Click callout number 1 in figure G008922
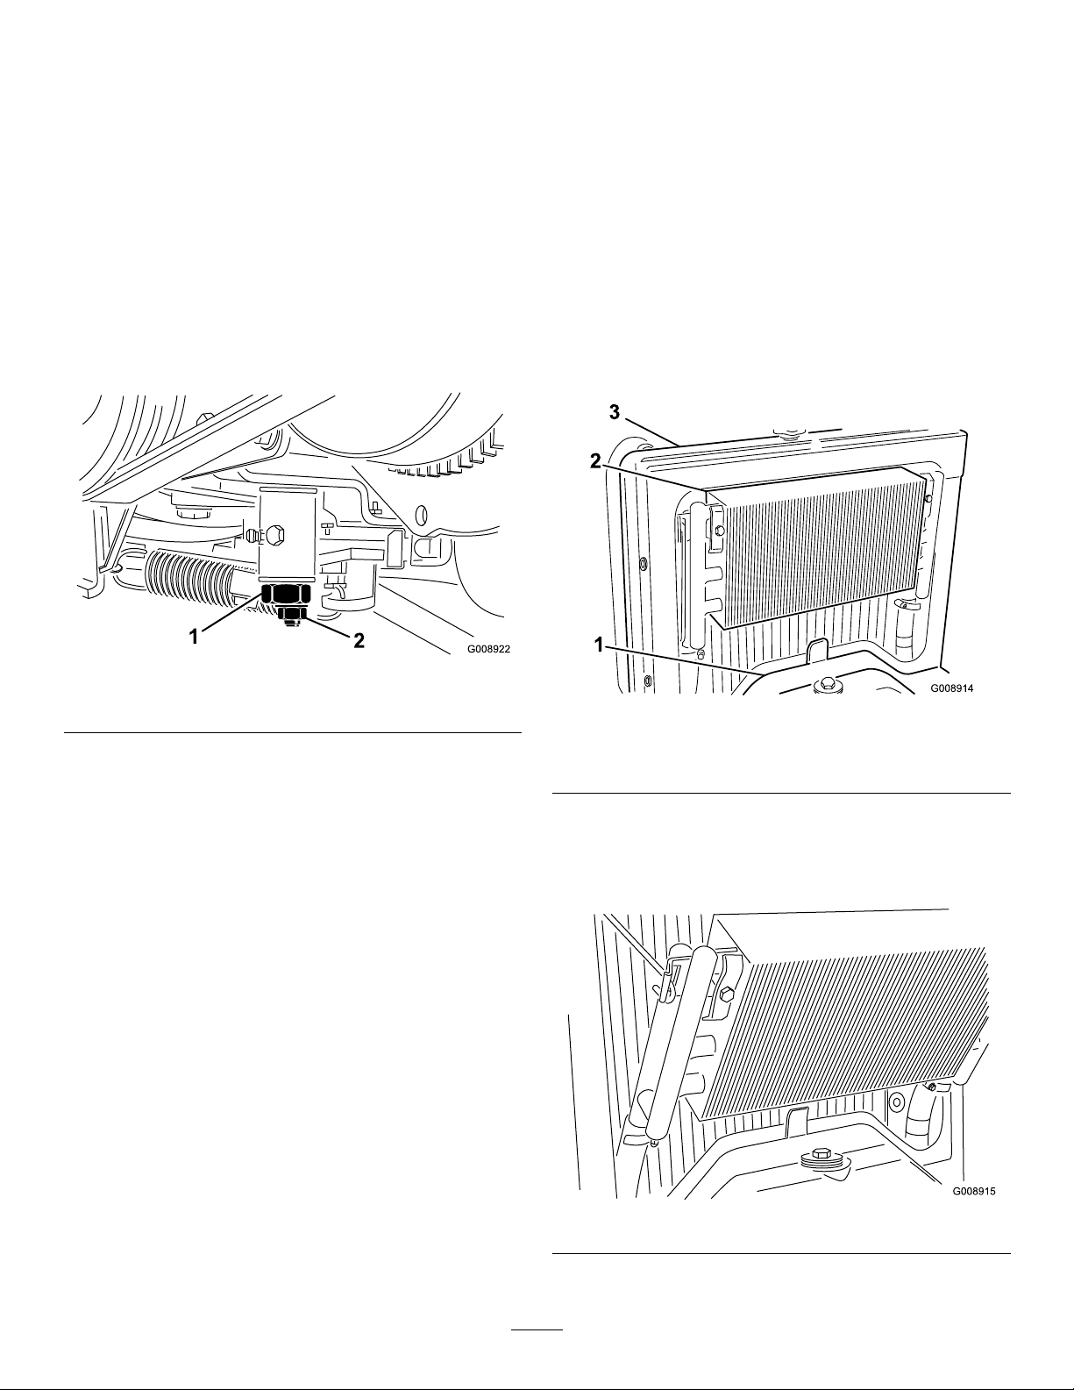[194, 637]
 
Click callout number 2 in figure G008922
[359, 640]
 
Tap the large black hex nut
[285, 593]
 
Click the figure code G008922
[489, 649]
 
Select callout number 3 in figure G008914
[615, 412]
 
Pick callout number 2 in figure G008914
[596, 462]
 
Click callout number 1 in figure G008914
[599, 645]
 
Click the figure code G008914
[951, 688]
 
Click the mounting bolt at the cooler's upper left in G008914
[720, 529]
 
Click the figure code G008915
[974, 1191]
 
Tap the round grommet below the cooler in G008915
[893, 1101]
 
